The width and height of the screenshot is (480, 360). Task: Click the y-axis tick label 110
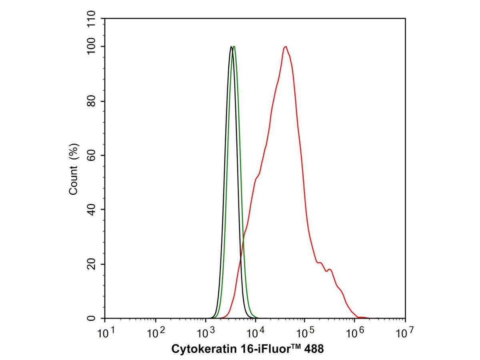pos(92,19)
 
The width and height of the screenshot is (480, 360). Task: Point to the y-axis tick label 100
pos(92,47)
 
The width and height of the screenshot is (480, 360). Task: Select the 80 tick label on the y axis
pos(92,101)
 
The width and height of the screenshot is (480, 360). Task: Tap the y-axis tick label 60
pos(92,155)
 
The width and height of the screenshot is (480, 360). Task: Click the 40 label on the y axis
pos(92,210)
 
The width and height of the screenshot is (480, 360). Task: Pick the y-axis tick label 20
pos(92,264)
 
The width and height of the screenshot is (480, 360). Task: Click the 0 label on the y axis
pos(92,318)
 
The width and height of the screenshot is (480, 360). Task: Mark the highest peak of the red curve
pos(285,47)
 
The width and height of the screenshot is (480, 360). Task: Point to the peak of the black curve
pos(231,47)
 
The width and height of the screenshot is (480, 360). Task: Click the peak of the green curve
pos(234,47)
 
